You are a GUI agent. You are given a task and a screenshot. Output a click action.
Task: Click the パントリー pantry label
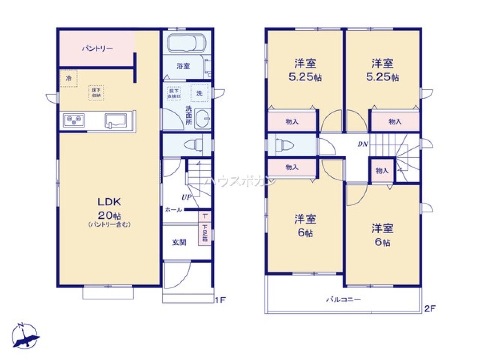[97, 48]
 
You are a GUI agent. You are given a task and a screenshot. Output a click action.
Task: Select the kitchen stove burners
[73, 120]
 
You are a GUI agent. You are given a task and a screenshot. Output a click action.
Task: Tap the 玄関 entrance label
[180, 242]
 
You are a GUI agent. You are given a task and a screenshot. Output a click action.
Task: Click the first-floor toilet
[197, 144]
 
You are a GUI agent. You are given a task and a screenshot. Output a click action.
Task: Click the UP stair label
[186, 197]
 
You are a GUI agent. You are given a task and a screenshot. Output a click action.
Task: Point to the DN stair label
[362, 144]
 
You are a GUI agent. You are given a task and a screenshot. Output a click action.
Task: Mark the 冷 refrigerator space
[69, 78]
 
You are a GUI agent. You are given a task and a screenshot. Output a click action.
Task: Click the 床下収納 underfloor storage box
[96, 93]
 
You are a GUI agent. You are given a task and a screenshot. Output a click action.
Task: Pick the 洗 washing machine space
[199, 93]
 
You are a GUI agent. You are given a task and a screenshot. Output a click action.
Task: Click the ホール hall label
[173, 209]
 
